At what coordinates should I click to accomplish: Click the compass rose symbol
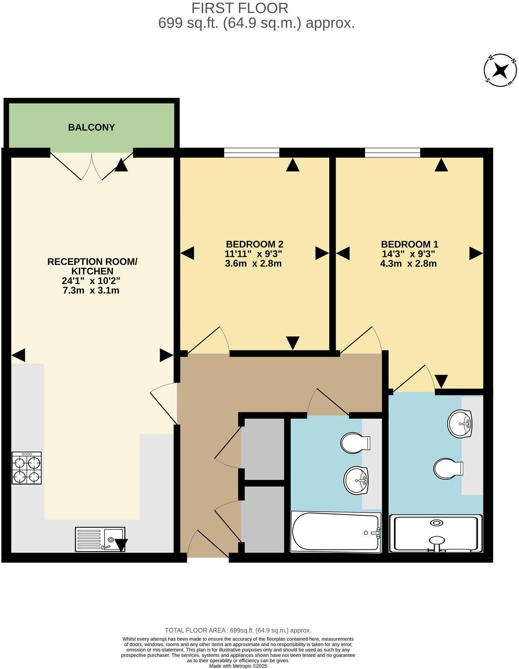[500, 70]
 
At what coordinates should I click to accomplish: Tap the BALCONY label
[91, 127]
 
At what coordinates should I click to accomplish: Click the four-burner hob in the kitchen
[27, 468]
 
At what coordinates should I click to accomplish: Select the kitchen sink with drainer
[100, 539]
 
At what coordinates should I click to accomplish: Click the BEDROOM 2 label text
[254, 244]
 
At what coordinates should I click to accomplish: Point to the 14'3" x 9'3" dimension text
[409, 254]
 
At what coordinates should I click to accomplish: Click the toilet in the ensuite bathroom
[448, 469]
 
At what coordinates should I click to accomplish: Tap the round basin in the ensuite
[460, 424]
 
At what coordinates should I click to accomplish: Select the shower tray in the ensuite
[436, 533]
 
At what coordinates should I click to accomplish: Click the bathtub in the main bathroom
[336, 532]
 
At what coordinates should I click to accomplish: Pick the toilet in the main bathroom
[355, 443]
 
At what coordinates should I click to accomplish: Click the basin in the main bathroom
[356, 480]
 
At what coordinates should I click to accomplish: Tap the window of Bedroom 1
[392, 153]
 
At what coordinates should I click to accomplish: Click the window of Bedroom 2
[252, 153]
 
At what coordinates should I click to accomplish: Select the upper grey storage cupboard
[263, 449]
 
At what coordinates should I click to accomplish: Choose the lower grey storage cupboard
[263, 519]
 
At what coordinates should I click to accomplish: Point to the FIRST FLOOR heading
[240, 8]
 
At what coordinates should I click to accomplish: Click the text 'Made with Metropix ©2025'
[238, 666]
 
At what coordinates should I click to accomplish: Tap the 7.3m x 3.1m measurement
[91, 291]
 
